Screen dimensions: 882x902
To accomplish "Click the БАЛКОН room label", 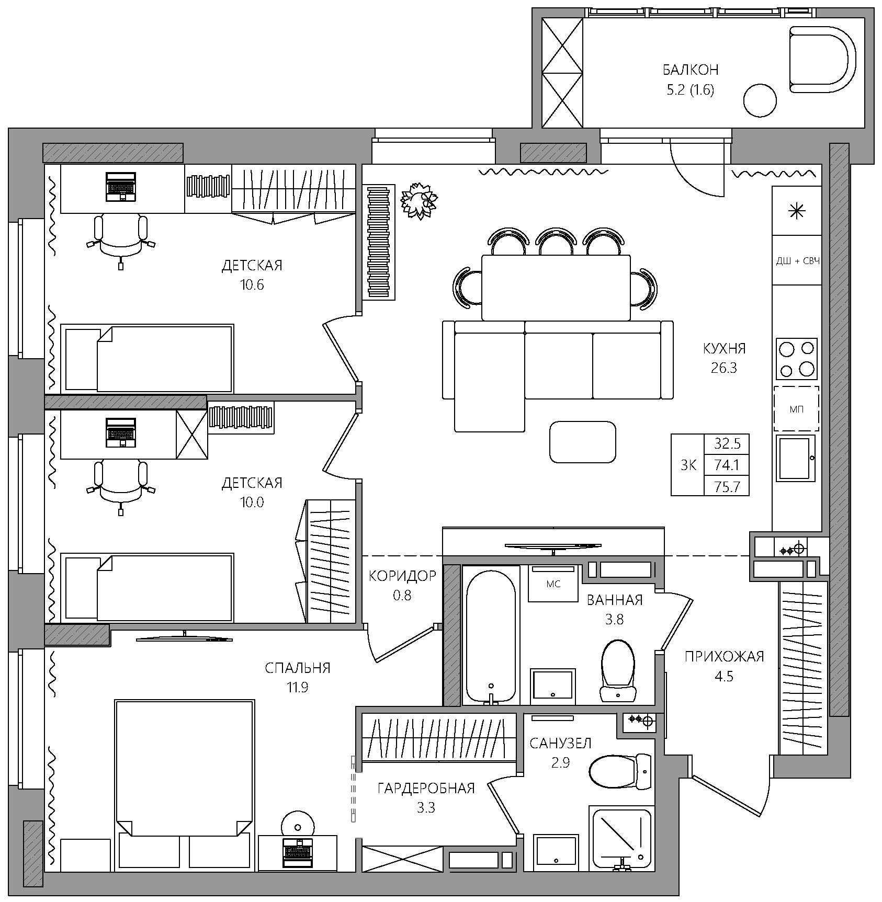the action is click(x=690, y=70).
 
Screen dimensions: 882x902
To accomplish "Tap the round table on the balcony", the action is click(x=760, y=100).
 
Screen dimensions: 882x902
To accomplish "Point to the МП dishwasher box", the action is click(x=797, y=408).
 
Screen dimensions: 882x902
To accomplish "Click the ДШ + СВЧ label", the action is click(x=797, y=260).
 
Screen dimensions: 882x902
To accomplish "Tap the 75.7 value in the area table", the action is click(x=727, y=486).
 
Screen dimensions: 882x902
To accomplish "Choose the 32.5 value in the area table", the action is click(x=727, y=444).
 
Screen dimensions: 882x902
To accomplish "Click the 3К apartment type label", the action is click(x=688, y=465).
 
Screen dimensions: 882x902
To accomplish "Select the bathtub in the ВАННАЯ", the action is click(x=491, y=636).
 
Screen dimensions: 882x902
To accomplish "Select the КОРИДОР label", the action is click(x=402, y=576).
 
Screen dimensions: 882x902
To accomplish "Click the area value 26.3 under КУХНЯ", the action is click(x=724, y=368).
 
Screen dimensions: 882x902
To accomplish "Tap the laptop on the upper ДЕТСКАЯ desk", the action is click(x=121, y=187).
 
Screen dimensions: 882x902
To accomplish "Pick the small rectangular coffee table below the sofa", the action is click(x=582, y=442).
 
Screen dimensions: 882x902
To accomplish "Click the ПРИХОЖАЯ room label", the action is click(x=724, y=656).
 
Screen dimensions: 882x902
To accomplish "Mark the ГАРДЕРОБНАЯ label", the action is click(x=426, y=788).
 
